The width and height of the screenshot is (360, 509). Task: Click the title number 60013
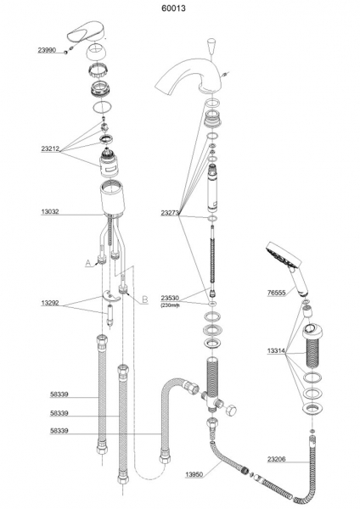[174, 8]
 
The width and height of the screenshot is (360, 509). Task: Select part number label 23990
[47, 50]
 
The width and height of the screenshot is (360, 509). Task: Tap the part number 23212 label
[50, 149]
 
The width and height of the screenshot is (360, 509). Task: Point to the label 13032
[50, 211]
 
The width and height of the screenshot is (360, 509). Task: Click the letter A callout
[88, 263]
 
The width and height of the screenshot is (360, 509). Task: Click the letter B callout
[145, 299]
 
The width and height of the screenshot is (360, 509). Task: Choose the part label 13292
[50, 303]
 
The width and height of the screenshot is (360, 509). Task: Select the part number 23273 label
[170, 213]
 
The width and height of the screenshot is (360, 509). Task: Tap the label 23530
[170, 298]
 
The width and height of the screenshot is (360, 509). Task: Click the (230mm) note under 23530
[170, 305]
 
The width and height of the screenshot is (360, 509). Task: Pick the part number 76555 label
[277, 293]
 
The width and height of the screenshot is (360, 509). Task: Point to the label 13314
[277, 351]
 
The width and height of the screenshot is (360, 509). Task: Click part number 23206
[277, 459]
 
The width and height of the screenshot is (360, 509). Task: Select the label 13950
[194, 474]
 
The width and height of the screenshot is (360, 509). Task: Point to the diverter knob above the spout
[211, 46]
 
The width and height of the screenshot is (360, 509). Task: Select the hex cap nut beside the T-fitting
[231, 410]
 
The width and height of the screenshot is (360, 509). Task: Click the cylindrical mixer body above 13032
[113, 199]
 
